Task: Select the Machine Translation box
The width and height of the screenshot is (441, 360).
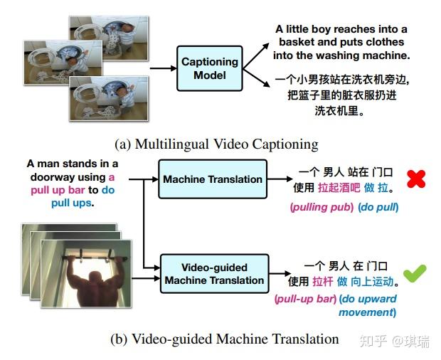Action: click(213, 179)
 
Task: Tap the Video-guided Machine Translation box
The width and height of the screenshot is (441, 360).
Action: click(214, 274)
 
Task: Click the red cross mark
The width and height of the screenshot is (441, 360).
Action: click(415, 179)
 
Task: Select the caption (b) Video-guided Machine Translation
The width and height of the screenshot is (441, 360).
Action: click(224, 339)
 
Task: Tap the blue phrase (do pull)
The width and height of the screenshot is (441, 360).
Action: click(378, 207)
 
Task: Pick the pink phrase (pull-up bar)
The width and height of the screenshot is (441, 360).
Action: click(305, 300)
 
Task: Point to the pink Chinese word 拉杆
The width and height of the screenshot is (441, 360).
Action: click(323, 281)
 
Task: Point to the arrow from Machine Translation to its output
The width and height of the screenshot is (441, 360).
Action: click(278, 179)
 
